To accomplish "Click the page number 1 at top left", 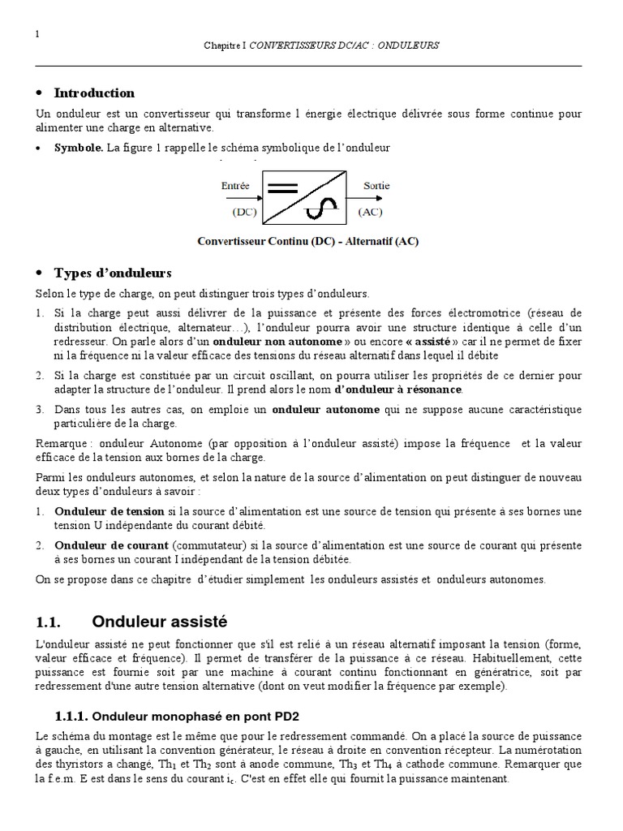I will point(38,33).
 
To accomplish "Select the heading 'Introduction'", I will point(94,93).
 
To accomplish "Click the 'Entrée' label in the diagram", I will point(235,186).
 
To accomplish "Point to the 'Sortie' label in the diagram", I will point(376,186).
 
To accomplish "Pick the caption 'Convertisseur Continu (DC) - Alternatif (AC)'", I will point(308,241).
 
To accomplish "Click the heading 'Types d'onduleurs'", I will point(113,273).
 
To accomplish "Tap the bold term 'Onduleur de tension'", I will point(109,512).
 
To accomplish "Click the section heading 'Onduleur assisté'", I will point(160,622).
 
